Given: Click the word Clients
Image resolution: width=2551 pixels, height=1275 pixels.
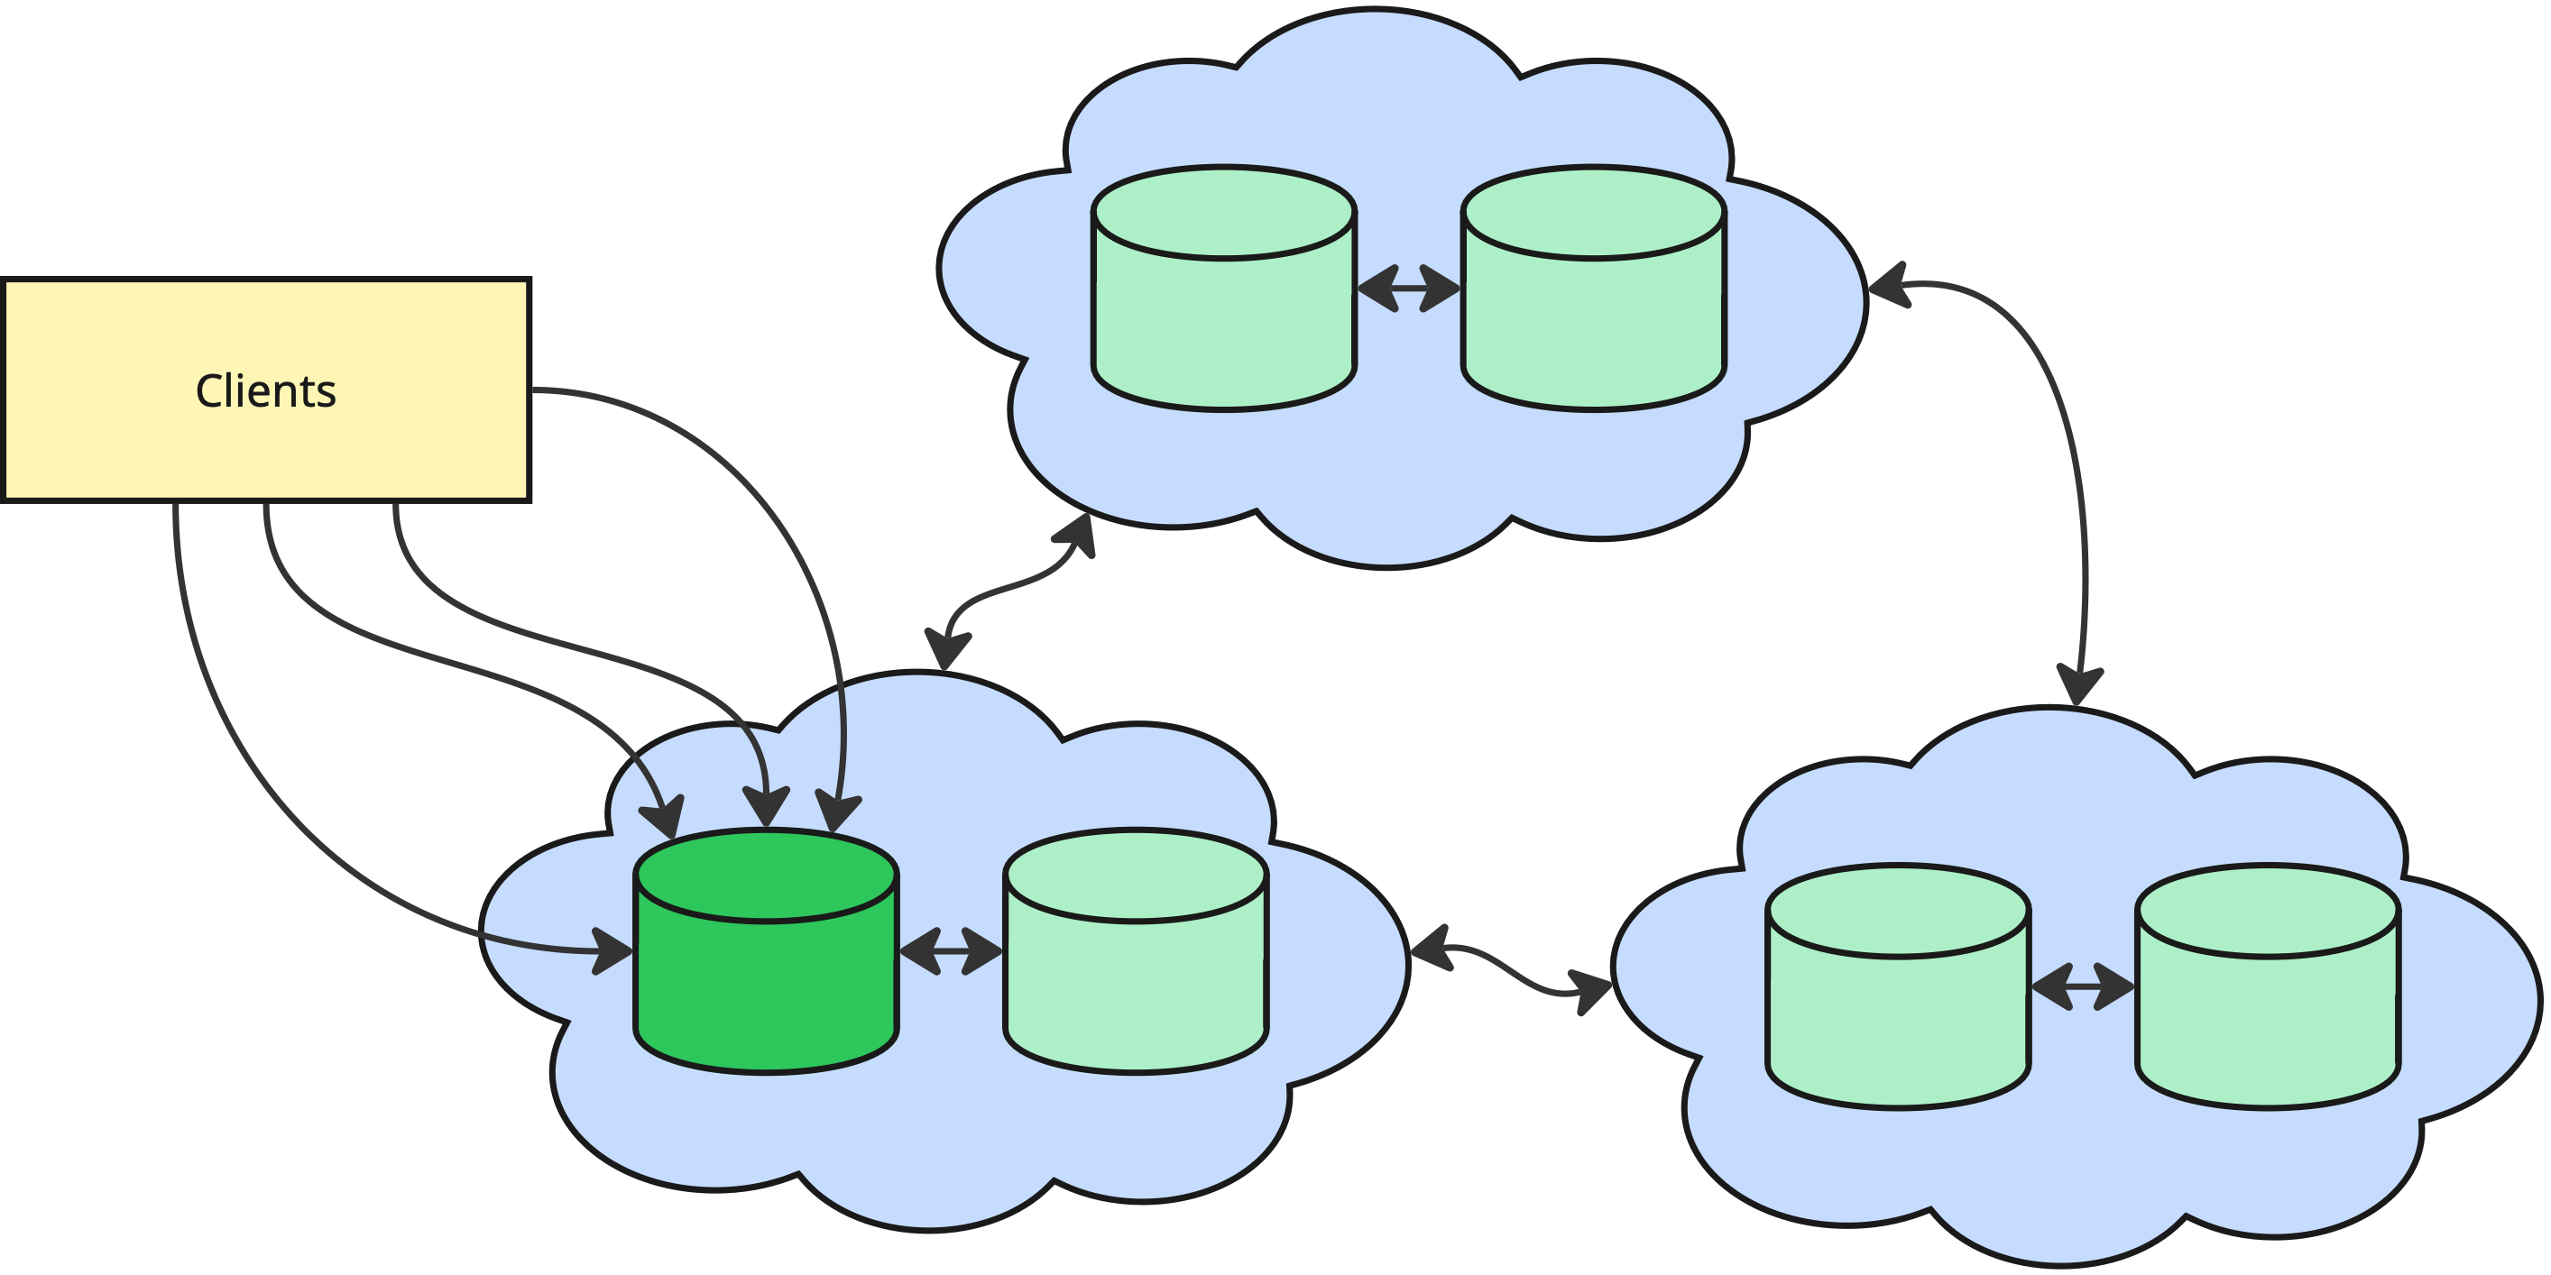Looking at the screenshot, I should (x=265, y=391).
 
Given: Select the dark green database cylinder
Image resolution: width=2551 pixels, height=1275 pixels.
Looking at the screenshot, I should (x=766, y=990).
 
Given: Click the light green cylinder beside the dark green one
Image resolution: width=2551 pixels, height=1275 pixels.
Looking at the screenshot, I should (x=1136, y=990).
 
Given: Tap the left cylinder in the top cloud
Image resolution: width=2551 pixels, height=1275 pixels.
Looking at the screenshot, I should (x=1224, y=326).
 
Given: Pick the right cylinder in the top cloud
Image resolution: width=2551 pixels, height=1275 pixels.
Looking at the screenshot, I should (x=1595, y=326).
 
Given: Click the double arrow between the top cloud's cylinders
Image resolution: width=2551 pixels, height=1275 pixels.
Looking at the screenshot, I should (x=1408, y=288).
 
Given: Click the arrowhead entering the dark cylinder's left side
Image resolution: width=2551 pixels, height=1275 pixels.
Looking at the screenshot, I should (x=614, y=952).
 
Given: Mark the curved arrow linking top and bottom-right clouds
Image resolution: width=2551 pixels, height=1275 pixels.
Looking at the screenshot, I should (x=2069, y=445).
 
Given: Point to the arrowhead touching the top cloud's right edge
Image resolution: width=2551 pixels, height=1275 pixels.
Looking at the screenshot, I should (x=1886, y=285).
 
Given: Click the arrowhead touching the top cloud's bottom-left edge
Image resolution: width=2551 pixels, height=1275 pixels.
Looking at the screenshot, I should (x=1076, y=535).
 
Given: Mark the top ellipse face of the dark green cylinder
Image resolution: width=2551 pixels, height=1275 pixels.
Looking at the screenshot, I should (x=766, y=876).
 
